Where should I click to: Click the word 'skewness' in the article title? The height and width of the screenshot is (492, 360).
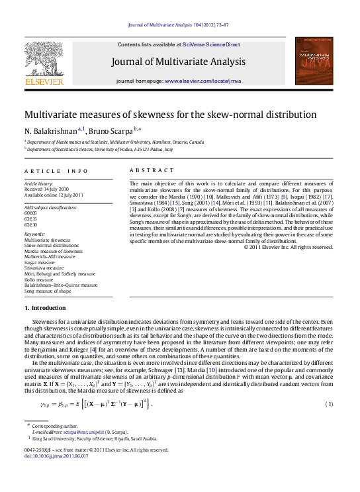point(159,115)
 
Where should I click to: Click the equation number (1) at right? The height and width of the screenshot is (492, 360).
point(329,403)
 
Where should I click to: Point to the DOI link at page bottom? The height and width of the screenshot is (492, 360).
point(52,456)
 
